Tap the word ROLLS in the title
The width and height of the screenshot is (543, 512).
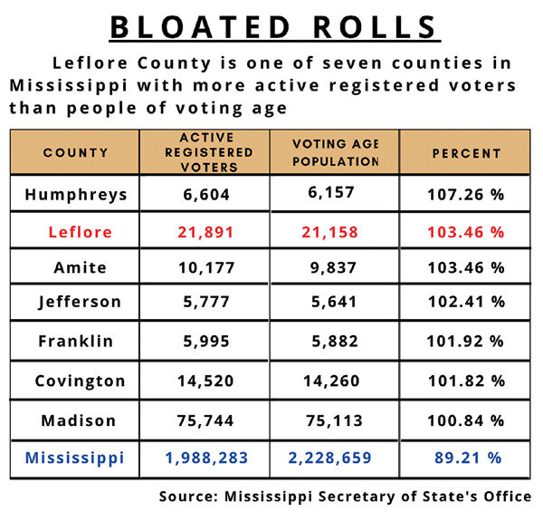(x=375, y=26)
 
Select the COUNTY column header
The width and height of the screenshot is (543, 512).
(x=75, y=153)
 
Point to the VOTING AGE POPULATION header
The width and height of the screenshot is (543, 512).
(x=335, y=153)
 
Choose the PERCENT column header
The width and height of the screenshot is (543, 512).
(x=465, y=153)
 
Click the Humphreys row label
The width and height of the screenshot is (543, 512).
(x=75, y=194)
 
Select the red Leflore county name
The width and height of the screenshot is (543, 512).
(x=75, y=232)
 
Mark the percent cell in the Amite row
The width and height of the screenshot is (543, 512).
(x=465, y=268)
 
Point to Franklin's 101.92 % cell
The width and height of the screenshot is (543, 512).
(x=465, y=343)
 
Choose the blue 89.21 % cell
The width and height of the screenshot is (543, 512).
(x=465, y=458)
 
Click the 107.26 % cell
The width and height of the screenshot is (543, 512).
(x=465, y=194)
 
